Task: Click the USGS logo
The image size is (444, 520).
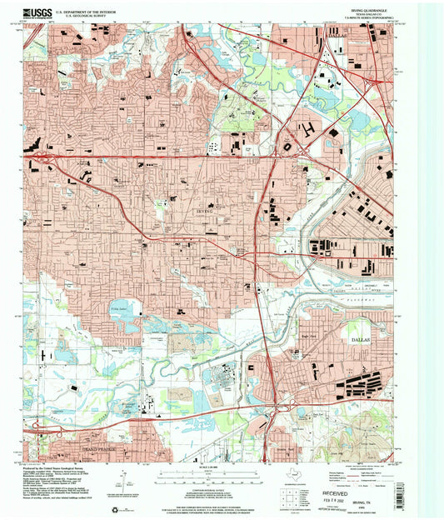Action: [40, 12]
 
